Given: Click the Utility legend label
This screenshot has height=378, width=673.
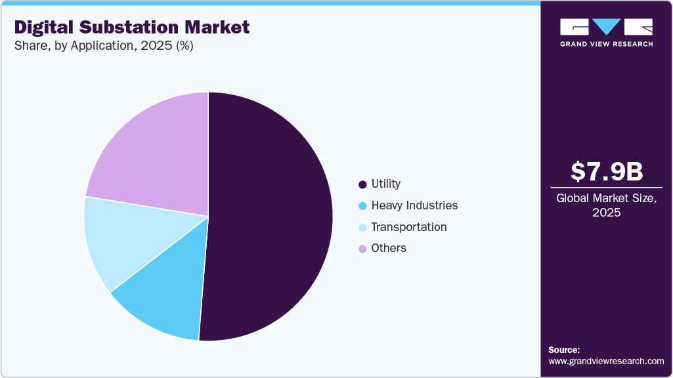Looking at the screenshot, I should pyautogui.click(x=385, y=184).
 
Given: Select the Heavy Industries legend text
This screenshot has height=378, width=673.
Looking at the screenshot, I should pyautogui.click(x=414, y=205).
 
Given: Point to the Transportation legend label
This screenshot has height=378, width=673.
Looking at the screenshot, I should pyautogui.click(x=408, y=227).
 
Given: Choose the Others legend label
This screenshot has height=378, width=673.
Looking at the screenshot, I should pyautogui.click(x=389, y=248).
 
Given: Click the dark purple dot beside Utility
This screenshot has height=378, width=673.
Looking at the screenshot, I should pyautogui.click(x=362, y=184).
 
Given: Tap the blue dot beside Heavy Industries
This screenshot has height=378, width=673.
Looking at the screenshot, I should pyautogui.click(x=362, y=206).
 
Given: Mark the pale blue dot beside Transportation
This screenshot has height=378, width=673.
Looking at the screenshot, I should pyautogui.click(x=362, y=228).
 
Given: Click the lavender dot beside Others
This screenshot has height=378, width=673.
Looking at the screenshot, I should pyautogui.click(x=362, y=249).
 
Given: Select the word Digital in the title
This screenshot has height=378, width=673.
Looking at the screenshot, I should pyautogui.click(x=43, y=27).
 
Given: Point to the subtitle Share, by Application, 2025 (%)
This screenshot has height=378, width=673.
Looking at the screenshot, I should pyautogui.click(x=104, y=47).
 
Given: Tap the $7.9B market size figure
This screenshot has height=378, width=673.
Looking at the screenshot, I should pyautogui.click(x=606, y=171).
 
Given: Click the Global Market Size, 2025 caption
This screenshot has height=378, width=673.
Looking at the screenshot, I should pyautogui.click(x=606, y=205).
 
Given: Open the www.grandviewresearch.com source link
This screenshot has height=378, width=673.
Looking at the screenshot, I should pyautogui.click(x=606, y=361).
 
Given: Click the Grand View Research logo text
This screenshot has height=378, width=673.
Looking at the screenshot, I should pyautogui.click(x=606, y=43).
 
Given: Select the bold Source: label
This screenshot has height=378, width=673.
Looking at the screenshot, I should pyautogui.click(x=564, y=350).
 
